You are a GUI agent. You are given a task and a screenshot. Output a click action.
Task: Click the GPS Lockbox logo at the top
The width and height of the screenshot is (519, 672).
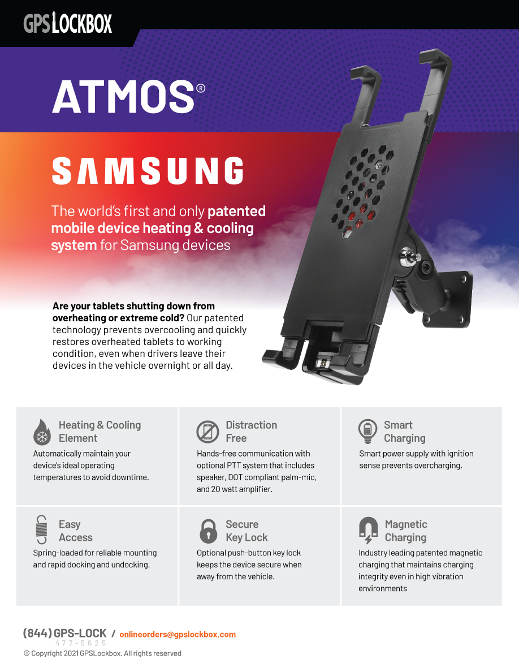click(68, 23)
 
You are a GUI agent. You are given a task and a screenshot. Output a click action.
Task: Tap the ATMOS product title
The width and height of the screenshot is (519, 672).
click(123, 96)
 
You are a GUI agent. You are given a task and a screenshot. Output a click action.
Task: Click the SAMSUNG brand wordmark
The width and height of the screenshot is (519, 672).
click(148, 171)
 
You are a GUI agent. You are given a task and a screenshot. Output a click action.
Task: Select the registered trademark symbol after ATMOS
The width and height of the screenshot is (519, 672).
click(200, 88)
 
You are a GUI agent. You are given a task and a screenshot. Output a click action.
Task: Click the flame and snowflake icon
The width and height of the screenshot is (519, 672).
click(42, 432)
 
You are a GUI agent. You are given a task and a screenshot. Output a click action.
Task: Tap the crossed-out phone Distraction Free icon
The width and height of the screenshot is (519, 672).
click(207, 432)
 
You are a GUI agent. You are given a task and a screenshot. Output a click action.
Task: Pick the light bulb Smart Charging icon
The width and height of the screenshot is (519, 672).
click(368, 431)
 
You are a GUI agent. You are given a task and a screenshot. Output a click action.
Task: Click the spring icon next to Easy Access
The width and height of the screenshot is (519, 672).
click(41, 530)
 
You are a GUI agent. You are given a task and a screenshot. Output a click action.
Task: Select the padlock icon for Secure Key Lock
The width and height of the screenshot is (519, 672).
click(208, 531)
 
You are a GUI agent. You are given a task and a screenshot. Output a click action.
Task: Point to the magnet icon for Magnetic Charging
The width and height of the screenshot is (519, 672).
click(368, 531)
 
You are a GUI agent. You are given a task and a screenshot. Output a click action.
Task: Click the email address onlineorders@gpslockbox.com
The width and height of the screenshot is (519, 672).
click(178, 634)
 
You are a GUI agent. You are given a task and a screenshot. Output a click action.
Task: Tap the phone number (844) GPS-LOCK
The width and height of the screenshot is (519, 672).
click(64, 634)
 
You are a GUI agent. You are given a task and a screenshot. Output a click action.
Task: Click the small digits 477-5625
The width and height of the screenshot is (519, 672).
click(80, 643)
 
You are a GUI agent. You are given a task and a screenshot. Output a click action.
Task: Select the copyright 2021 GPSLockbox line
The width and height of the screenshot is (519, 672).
click(102, 653)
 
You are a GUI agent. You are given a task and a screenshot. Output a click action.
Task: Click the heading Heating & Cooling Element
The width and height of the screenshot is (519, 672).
click(100, 432)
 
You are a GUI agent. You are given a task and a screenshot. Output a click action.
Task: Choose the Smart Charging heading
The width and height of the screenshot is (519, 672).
click(404, 432)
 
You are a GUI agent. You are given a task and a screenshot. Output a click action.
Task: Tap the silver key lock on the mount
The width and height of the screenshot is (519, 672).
click(406, 257)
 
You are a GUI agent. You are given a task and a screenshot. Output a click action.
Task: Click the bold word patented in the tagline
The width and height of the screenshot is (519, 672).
click(236, 212)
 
